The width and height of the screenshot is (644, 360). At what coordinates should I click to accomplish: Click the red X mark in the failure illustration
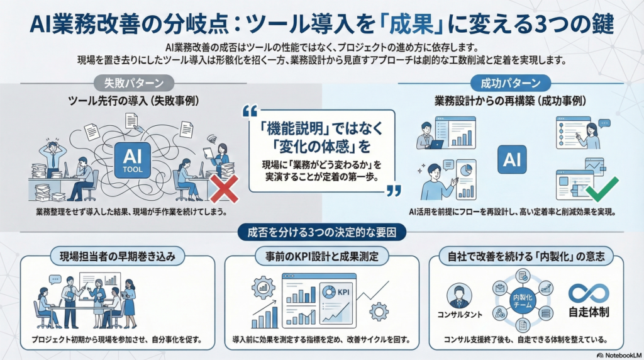[225, 189]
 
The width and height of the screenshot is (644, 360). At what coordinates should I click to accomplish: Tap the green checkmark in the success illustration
[601, 189]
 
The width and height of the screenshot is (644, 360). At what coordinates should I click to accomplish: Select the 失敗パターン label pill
[133, 83]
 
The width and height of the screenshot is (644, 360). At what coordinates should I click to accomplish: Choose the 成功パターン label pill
[511, 83]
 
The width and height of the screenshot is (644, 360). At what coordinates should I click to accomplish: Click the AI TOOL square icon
[132, 160]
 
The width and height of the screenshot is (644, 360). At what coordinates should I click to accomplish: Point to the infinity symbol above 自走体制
[589, 293]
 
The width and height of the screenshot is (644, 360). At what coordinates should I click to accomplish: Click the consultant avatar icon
[458, 296]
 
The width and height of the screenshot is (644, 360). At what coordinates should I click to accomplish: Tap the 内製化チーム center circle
[523, 301]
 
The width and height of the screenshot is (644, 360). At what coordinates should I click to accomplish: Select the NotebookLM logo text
[619, 355]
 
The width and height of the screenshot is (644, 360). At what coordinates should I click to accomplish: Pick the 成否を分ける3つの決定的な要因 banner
[321, 233]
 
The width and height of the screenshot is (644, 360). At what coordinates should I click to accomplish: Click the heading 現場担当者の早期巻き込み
[118, 257]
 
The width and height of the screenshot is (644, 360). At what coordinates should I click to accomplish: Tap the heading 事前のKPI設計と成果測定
[321, 257]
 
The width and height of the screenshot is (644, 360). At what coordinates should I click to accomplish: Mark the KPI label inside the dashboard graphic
[343, 292]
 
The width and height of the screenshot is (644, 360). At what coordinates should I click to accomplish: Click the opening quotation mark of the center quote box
[250, 111]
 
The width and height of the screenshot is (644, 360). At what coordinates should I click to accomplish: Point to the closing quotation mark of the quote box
[394, 191]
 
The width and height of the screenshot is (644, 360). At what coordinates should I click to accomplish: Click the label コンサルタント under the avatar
[460, 315]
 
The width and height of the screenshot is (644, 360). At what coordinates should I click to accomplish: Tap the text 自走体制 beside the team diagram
[589, 312]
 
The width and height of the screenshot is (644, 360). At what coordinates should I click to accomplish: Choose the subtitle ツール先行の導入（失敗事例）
[133, 101]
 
